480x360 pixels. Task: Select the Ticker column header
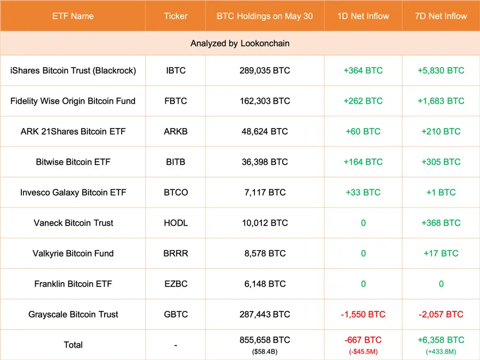(175, 16)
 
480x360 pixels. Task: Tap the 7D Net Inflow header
(441, 16)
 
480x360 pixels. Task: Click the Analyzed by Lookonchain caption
(240, 44)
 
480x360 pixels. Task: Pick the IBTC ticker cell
(175, 70)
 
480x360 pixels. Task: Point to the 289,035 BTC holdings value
(265, 70)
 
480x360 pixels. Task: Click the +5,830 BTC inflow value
(441, 70)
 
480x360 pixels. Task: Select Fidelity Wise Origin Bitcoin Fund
(73, 101)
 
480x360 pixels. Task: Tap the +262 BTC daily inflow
(363, 101)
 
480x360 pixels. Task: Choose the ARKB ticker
(175, 131)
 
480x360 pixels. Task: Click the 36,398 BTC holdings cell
(265, 162)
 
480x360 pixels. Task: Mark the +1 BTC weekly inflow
(441, 192)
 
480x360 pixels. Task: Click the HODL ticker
(175, 223)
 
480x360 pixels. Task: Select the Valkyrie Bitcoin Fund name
(73, 253)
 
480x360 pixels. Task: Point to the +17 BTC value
(441, 253)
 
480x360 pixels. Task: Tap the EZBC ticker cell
(175, 284)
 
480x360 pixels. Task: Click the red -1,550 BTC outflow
(363, 315)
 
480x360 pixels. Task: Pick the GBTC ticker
(175, 315)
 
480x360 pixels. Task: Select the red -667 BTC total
(363, 340)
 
